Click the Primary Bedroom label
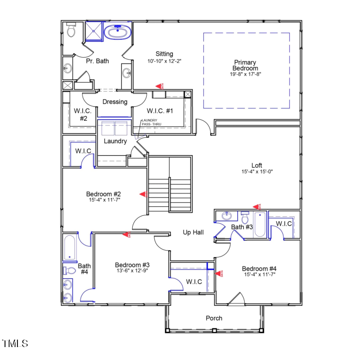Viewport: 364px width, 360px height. pos(246,66)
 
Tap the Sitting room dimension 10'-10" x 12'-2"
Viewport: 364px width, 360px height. pos(164,61)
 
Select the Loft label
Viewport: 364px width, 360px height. pos(257,166)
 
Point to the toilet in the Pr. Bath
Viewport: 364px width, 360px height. pos(70,31)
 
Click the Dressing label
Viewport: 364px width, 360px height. pos(115,102)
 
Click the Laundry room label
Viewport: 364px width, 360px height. pos(115,141)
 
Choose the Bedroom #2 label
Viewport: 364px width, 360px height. pos(103,194)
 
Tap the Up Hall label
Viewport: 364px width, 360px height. pos(193,232)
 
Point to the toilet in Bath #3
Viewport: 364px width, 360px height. pos(245,218)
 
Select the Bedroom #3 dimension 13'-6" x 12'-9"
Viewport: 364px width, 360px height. pos(132,271)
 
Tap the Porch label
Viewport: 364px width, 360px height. pos(214,318)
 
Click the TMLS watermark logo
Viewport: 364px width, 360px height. pos(15,344)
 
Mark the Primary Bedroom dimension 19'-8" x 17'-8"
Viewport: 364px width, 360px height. pos(246,74)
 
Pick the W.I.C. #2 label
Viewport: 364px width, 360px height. pos(81,114)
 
